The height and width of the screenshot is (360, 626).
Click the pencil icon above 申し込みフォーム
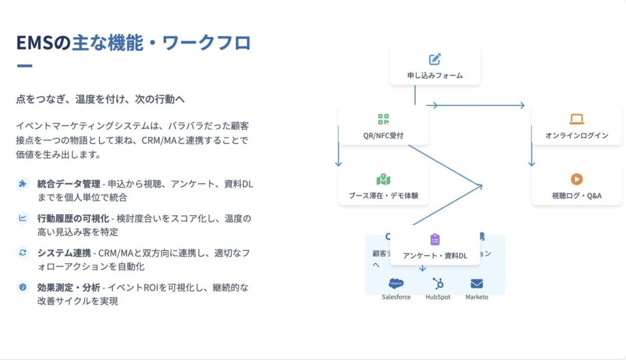pyautogui.click(x=435, y=59)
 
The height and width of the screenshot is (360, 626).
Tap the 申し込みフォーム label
pyautogui.click(x=435, y=75)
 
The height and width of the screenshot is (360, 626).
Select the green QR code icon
pyautogui.click(x=383, y=119)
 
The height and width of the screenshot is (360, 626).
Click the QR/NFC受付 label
pyautogui.click(x=383, y=136)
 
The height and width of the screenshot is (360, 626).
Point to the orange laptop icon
pyautogui.click(x=577, y=119)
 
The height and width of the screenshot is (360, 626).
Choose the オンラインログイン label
pyautogui.click(x=577, y=136)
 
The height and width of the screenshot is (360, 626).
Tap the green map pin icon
pyautogui.click(x=383, y=179)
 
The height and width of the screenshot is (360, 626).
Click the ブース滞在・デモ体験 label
pyautogui.click(x=383, y=196)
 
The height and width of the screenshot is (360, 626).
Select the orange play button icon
pyautogui.click(x=577, y=179)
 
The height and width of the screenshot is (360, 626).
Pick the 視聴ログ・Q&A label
pyautogui.click(x=577, y=196)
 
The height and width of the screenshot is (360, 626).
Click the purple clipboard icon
pyautogui.click(x=435, y=239)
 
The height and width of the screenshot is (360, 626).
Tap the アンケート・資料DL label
pyautogui.click(x=435, y=256)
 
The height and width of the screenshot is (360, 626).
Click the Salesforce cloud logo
pyautogui.click(x=396, y=284)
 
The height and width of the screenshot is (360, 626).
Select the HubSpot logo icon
pyautogui.click(x=438, y=284)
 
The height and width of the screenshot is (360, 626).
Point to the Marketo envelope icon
pyautogui.click(x=477, y=284)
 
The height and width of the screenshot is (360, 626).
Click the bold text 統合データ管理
pyautogui.click(x=68, y=184)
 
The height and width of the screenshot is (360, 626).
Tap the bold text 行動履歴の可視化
pyautogui.click(x=72, y=218)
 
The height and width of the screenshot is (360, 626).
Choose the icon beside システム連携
pyautogui.click(x=23, y=253)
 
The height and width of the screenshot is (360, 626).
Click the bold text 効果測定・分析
pyautogui.click(x=68, y=287)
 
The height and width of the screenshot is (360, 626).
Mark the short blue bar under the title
pyautogui.click(x=24, y=66)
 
